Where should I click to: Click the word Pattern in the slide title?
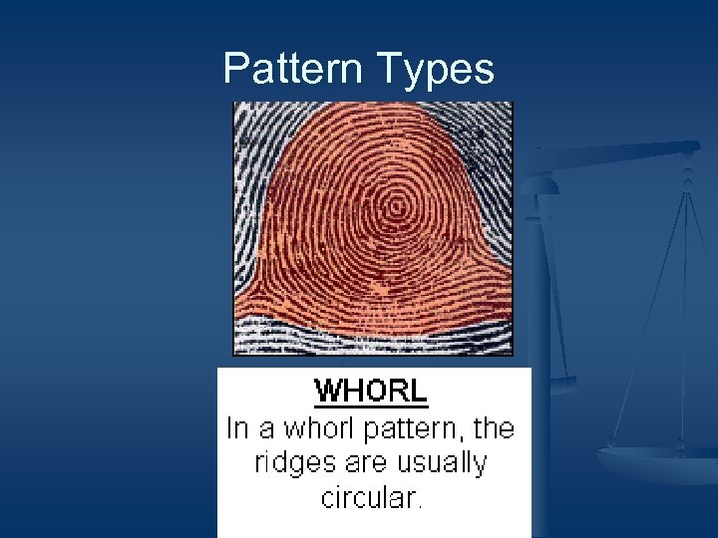293,69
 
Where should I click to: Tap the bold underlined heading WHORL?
371,391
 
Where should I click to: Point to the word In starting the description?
236,428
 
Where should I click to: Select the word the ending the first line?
493,428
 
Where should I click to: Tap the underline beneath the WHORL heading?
371,404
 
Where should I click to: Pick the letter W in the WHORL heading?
327,391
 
